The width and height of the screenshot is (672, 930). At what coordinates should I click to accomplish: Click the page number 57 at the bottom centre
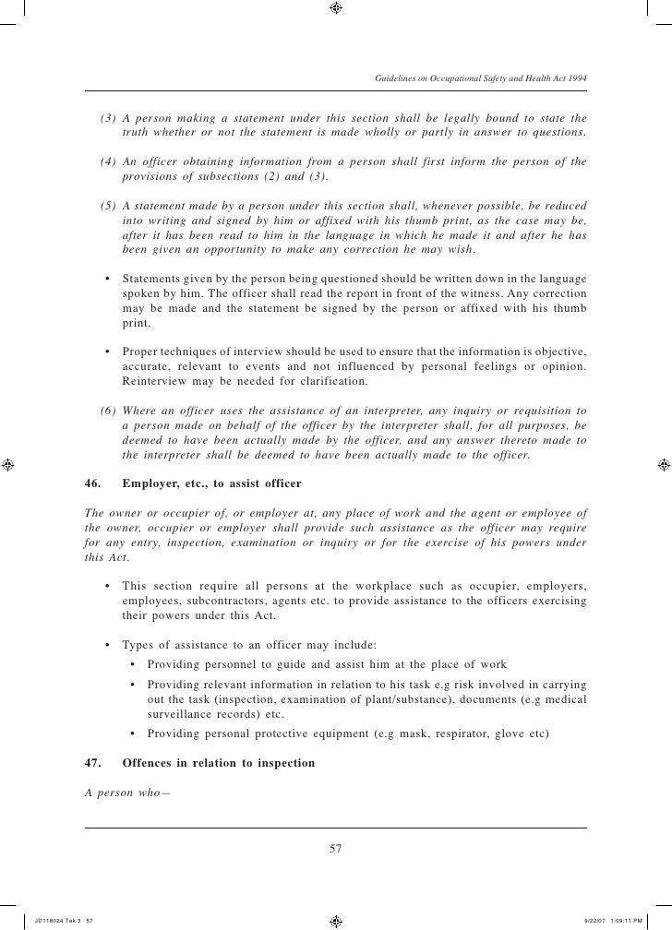click(336, 849)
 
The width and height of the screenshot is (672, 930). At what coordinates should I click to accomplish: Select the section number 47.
click(92, 764)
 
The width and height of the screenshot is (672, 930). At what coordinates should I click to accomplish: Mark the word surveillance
click(181, 715)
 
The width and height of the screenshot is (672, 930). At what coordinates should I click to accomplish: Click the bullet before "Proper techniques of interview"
click(109, 352)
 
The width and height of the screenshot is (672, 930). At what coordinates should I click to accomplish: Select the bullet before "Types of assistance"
click(109, 644)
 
